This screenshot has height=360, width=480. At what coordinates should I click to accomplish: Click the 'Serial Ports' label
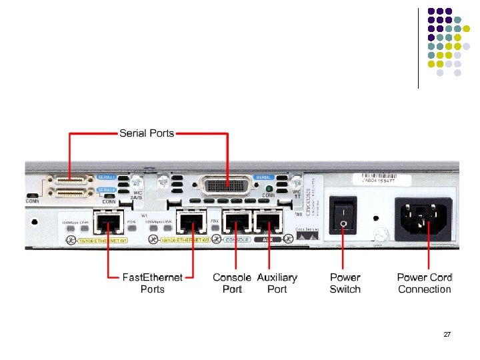coord(147,133)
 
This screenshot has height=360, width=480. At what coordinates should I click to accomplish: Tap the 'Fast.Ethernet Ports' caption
coord(153,283)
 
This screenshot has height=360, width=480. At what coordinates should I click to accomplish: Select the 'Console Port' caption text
coord(232,283)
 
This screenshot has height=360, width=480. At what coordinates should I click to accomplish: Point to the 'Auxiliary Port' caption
coord(277,283)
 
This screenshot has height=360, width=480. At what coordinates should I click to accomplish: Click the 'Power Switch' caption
coord(345,283)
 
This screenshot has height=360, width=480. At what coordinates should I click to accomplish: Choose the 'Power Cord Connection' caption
coord(425,283)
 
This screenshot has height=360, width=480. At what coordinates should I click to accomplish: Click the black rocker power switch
coord(343,215)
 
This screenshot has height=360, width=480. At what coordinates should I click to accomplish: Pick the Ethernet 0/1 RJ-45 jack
coord(107,221)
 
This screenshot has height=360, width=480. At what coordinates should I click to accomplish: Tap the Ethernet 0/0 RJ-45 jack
coord(193,221)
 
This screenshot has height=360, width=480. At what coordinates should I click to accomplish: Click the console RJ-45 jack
coord(237,221)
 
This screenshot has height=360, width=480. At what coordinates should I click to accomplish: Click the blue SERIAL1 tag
coord(106,177)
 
